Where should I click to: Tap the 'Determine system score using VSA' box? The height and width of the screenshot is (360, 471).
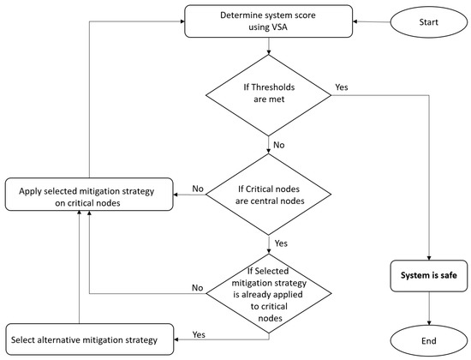269,21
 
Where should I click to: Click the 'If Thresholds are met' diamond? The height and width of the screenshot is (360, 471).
269,93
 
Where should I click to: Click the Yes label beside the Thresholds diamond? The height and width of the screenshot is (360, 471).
341,87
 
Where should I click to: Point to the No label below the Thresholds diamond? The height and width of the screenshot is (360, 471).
280,145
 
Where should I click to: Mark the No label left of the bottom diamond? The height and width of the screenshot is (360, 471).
198,289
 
